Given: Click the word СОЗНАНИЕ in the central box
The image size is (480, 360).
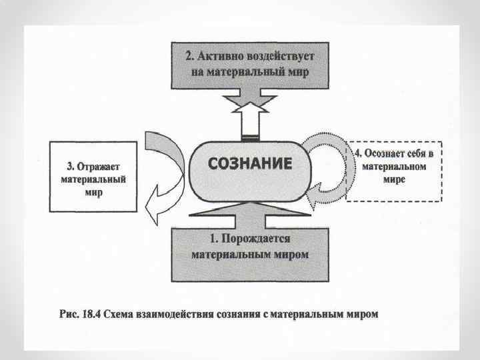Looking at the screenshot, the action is tap(251, 163).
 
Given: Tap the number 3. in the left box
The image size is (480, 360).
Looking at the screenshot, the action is tap(69, 166).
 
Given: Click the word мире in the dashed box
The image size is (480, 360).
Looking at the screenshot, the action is tap(394, 180).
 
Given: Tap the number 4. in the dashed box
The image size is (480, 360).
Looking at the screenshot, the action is tap(357, 153).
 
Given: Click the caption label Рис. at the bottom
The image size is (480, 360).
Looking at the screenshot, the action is tap(67, 313).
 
